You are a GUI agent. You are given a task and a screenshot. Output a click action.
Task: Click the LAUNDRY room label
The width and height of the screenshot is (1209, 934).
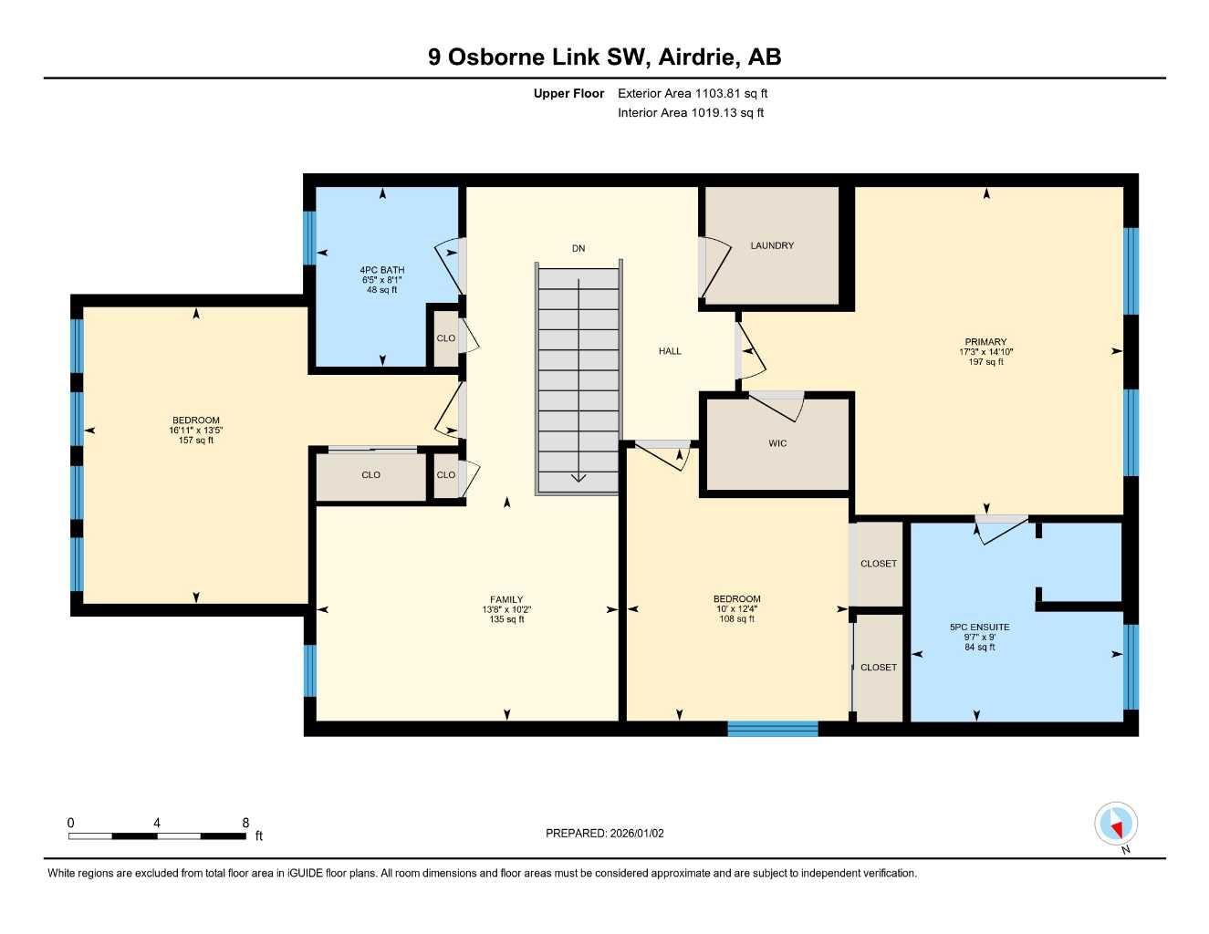pos(772,245)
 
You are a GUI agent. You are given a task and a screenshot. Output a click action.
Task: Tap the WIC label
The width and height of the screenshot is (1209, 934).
pos(777,443)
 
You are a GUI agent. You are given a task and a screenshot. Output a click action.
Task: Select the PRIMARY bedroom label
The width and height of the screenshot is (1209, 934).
pos(985,342)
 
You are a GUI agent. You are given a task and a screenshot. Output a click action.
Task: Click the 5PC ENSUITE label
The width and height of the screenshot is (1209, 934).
pos(979,628)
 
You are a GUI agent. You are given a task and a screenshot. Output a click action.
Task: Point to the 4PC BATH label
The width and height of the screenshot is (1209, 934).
pos(381,270)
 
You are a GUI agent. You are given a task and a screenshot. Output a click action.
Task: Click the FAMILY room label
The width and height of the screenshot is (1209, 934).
pos(506,599)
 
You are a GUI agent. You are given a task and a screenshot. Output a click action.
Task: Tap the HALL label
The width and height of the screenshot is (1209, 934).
pos(670,351)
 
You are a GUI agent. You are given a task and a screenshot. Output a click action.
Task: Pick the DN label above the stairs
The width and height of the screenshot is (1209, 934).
pos(578,248)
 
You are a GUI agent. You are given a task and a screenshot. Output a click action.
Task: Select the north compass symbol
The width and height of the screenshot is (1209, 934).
pos(1116,825)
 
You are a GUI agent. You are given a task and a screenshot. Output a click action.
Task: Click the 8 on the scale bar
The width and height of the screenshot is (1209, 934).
pos(245,823)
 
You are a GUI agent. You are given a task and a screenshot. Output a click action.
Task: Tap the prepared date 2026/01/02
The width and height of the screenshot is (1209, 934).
pos(637,833)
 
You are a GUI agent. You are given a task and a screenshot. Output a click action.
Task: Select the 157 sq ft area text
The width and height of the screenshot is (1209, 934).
pos(196,441)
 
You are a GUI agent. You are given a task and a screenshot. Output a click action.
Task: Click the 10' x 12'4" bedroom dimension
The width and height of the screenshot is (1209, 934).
pos(736,609)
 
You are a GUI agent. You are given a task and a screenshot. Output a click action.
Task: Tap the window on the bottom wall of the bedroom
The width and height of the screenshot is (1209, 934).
pos(773,728)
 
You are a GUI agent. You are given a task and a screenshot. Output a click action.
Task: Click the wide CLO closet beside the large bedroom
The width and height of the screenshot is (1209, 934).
pos(370,475)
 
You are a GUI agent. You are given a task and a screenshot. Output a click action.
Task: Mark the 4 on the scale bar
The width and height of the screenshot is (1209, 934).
pos(157,823)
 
